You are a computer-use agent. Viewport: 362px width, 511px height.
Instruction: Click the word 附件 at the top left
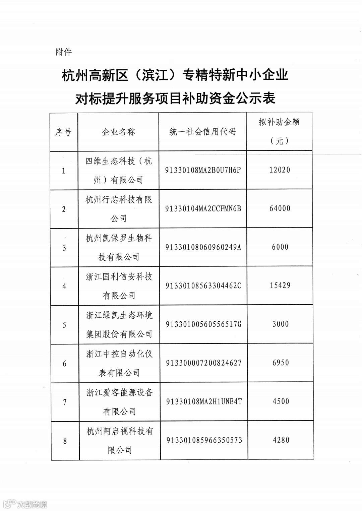pyautogui.click(x=64, y=52)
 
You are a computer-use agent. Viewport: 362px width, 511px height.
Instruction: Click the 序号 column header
pyautogui.click(x=63, y=132)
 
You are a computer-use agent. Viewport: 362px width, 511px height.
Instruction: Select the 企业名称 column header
pyautogui.click(x=118, y=132)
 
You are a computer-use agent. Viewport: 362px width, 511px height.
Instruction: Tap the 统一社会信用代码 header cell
pyautogui.click(x=202, y=132)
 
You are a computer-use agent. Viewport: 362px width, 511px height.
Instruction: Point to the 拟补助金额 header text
pyautogui.click(x=279, y=122)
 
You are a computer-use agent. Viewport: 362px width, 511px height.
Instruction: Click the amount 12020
pyautogui.click(x=280, y=170)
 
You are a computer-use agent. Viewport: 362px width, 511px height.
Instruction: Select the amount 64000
pyautogui.click(x=280, y=208)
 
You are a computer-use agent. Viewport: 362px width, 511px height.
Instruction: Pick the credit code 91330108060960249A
pyautogui.click(x=203, y=247)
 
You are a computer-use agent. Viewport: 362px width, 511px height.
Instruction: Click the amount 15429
pyautogui.click(x=280, y=285)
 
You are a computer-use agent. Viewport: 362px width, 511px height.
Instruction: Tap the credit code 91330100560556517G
pyautogui.click(x=203, y=324)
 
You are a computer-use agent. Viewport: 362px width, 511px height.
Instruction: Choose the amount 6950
pyautogui.click(x=281, y=363)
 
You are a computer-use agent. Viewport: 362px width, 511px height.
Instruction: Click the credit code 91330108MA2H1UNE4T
pyautogui.click(x=204, y=401)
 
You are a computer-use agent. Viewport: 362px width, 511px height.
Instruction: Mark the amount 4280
pyautogui.click(x=281, y=440)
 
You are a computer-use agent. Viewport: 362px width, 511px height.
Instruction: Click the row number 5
pyautogui.click(x=64, y=325)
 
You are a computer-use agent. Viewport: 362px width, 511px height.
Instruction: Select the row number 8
pyautogui.click(x=65, y=441)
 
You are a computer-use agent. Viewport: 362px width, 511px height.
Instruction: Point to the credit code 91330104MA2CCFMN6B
pyautogui.click(x=203, y=209)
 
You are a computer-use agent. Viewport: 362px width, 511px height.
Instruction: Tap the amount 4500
pyautogui.click(x=281, y=401)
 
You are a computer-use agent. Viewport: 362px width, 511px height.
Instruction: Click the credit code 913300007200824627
pyautogui.click(x=204, y=363)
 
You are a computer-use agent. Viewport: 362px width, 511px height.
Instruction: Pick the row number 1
pyautogui.click(x=63, y=171)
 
